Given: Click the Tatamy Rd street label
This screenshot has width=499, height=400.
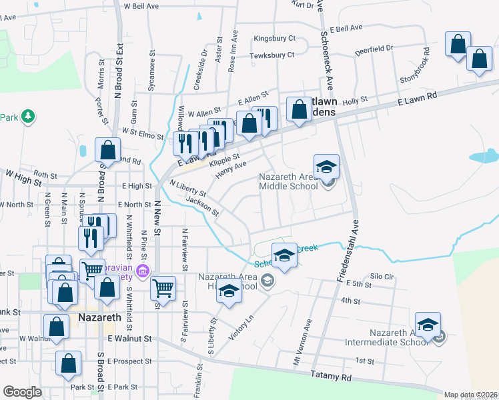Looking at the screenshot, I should (x=332, y=377).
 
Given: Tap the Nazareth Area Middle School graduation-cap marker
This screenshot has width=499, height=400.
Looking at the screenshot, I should (x=327, y=167).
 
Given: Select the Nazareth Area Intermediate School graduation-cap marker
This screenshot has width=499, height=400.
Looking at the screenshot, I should (x=428, y=325).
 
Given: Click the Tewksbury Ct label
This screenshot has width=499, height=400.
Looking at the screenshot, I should (x=272, y=55).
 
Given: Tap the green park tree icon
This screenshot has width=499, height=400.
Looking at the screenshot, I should (x=27, y=117).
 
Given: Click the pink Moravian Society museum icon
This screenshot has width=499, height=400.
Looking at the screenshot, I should (x=141, y=271).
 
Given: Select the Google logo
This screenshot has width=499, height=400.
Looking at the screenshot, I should (x=22, y=392).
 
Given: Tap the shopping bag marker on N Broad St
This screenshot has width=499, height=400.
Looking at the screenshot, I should (x=107, y=150).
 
